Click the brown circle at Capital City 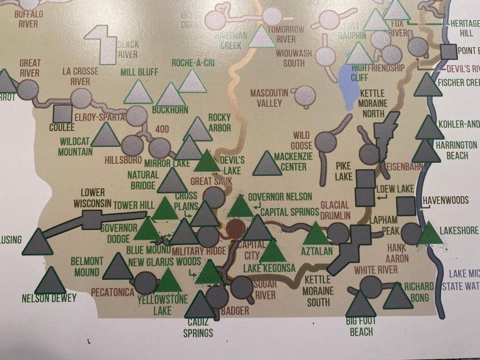(x=236, y=229)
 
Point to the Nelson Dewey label (x=49, y=298)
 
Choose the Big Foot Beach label (x=362, y=327)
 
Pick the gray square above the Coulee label (x=62, y=114)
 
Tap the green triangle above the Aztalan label (x=317, y=234)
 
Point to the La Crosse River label (x=80, y=76)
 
